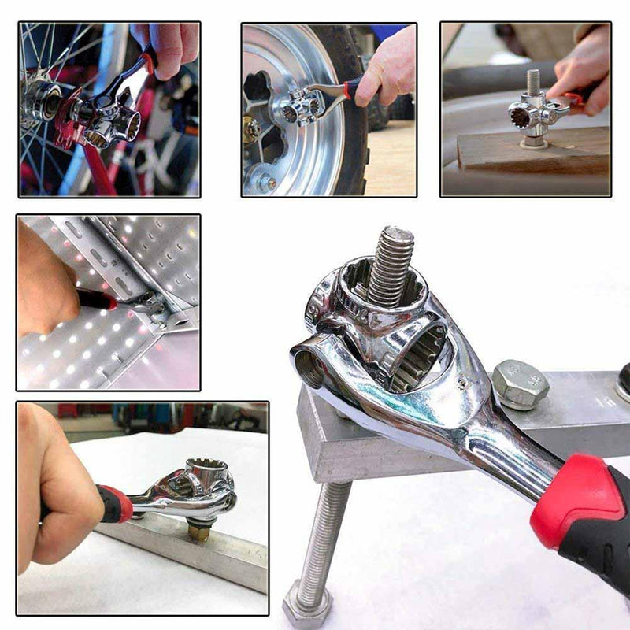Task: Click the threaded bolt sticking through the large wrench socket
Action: click(391, 268)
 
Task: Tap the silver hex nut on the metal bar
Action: click(520, 384)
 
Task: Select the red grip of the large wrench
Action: click(579, 504)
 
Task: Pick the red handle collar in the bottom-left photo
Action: click(116, 504)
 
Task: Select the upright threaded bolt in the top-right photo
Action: click(533, 87)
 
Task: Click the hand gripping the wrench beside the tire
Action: click(386, 67)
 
